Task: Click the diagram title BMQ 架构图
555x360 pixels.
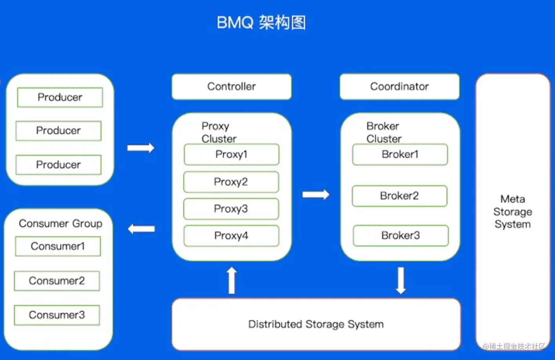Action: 261,23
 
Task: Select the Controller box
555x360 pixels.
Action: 231,87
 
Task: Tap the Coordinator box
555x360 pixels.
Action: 399,87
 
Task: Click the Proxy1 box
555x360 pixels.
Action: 231,154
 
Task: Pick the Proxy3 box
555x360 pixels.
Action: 231,209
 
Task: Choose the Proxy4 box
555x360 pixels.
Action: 231,236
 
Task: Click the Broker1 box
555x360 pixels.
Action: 400,154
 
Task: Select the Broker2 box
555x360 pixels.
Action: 399,196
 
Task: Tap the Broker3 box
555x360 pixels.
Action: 401,235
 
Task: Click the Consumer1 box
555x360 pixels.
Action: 58,246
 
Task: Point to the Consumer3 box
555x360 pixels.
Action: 57,315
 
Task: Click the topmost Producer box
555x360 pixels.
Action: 60,97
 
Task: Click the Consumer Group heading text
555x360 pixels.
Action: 60,223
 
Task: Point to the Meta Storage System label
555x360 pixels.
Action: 513,212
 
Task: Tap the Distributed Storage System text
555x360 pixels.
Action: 316,324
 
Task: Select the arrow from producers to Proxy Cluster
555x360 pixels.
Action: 141,148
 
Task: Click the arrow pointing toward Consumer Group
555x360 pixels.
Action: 141,229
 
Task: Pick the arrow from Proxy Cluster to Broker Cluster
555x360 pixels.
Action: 316,194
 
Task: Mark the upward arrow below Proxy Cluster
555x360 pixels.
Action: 232,280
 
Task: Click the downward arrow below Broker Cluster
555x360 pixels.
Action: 401,280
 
